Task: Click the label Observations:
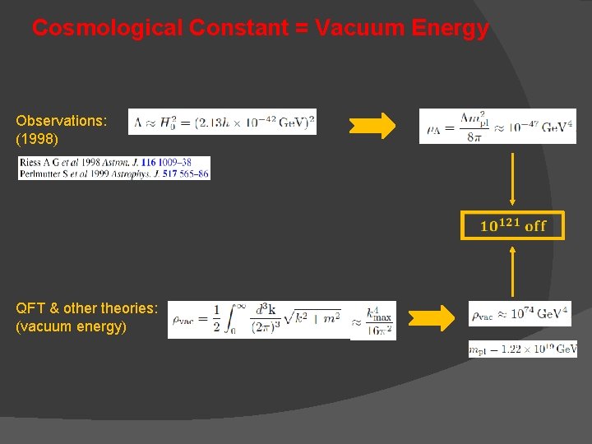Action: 62,121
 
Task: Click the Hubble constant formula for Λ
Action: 223,123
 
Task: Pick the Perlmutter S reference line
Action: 114,173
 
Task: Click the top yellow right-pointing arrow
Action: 372,126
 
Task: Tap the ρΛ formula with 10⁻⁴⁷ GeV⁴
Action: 497,126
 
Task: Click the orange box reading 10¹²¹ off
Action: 512,225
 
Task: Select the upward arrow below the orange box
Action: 512,271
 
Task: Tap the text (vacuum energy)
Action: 72,326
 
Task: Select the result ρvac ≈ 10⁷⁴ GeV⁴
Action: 520,314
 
